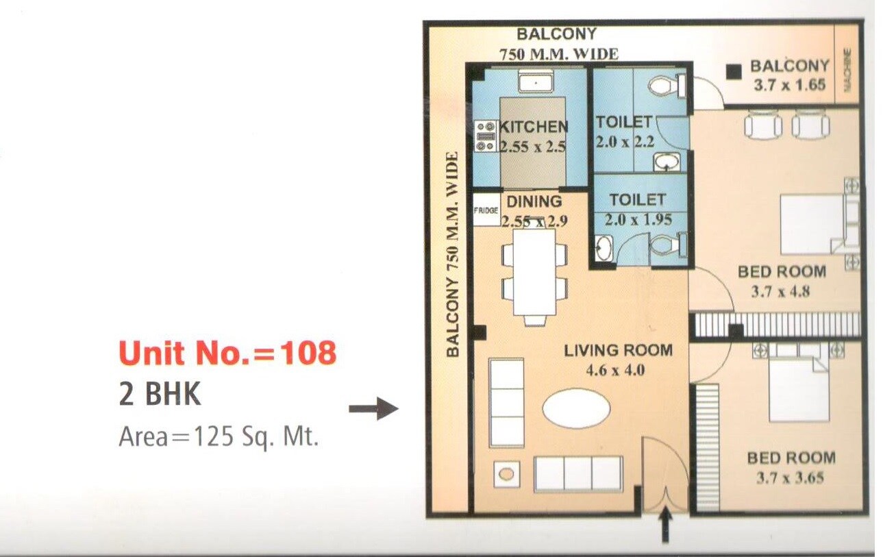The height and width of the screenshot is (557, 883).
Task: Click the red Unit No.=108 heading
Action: coord(227,354)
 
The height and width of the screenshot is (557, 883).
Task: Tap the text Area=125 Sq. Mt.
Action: coord(219,436)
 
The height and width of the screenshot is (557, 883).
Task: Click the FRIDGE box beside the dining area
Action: coord(486,211)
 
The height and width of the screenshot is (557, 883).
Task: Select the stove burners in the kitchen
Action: coord(486,136)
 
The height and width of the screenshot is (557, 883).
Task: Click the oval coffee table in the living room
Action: coord(575,410)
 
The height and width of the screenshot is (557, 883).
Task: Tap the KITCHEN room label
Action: coord(534,127)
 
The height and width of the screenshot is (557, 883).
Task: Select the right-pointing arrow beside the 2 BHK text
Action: coord(373,410)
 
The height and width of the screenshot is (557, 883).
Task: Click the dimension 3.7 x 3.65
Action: coord(790,478)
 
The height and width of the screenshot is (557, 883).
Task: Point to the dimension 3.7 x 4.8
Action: coord(781,291)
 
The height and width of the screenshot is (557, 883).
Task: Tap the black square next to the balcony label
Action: coord(734,71)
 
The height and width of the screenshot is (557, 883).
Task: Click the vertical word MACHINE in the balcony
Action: coord(847,70)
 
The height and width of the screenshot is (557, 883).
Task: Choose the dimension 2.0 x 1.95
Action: coord(638,220)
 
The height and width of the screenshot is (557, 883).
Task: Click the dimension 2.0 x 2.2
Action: coord(625,143)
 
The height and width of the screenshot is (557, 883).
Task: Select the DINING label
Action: coord(534,201)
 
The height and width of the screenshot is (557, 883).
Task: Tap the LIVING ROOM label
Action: coord(618,351)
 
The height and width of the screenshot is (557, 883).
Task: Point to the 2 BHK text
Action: coord(160,395)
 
